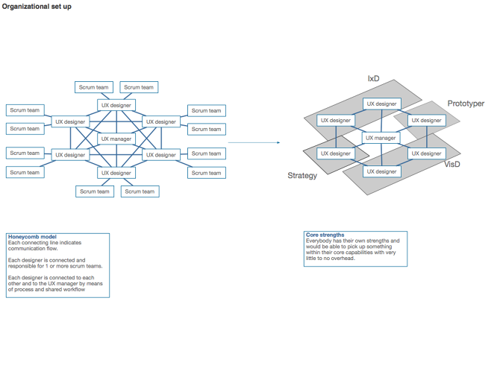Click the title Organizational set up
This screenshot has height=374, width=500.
point(37,7)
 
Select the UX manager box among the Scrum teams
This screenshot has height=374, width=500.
point(116,139)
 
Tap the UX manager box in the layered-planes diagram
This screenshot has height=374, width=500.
point(380,138)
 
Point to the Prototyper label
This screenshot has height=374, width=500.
point(466,104)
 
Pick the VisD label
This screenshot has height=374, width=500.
point(453,162)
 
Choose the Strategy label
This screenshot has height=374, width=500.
point(302,176)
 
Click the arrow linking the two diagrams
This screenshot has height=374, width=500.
point(254,142)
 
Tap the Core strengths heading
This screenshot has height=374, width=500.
point(325,235)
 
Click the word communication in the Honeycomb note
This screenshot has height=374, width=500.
point(26,249)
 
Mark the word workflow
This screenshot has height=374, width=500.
point(73,289)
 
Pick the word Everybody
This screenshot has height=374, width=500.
point(319,241)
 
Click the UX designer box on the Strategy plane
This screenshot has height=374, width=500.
point(335,153)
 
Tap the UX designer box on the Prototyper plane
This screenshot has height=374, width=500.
point(426,120)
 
